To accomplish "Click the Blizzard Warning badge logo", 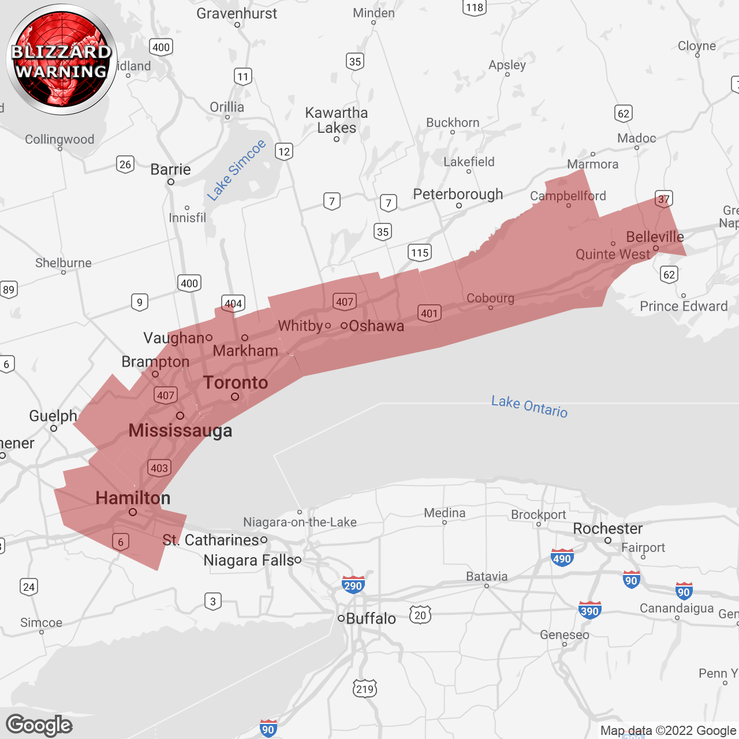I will click(x=62, y=60).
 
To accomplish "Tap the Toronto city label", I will click(x=236, y=382).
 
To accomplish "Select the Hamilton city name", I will click(x=133, y=498).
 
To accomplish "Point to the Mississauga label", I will click(x=180, y=430).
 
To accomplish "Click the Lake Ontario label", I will click(x=529, y=406).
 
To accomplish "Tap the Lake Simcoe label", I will click(x=237, y=170).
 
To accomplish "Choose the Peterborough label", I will click(x=458, y=194).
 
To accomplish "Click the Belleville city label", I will click(x=655, y=237).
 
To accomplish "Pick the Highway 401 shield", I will click(x=429, y=313).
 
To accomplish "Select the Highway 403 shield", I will click(x=159, y=468).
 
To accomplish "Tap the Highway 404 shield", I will click(x=233, y=303).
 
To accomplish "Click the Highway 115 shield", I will click(x=420, y=252).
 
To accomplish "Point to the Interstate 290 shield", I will click(x=353, y=585).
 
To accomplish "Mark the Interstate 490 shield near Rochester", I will click(x=562, y=558).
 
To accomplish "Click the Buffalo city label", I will click(x=371, y=618).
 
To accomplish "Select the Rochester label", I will click(x=607, y=528).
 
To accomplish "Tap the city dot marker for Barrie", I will click(x=171, y=182).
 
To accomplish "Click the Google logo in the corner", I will click(x=39, y=725).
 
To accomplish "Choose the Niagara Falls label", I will click(x=249, y=560).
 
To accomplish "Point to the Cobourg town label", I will click(x=490, y=298).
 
